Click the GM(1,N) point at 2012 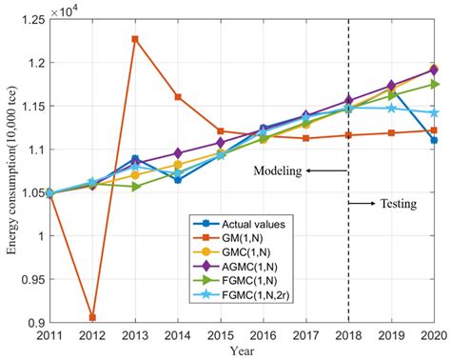pos(92,317)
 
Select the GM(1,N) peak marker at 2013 pos(135,39)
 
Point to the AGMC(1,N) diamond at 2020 pos(434,70)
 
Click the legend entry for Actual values pos(238,223)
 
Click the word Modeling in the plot pos(278,171)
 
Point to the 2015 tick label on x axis pos(221,336)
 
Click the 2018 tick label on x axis pos(348,336)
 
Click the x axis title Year pos(242,351)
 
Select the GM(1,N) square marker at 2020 pos(434,130)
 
